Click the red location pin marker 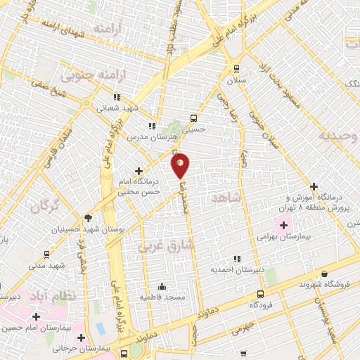click(181, 165)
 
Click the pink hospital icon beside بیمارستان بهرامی click(284, 226)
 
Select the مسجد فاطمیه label click(162, 297)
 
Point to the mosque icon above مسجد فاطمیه click(162, 286)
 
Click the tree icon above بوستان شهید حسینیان click(87, 218)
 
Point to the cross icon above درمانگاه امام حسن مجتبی click(139, 170)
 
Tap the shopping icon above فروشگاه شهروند click(324, 274)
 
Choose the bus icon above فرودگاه click(261, 295)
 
